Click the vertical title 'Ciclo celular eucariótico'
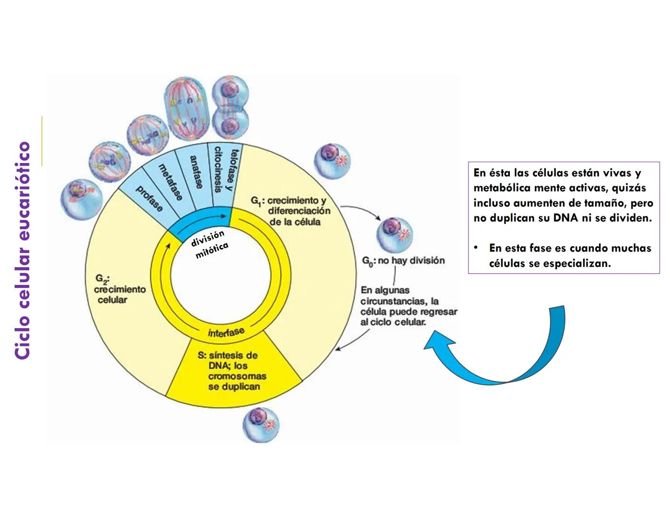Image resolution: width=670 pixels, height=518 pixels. pyautogui.click(x=23, y=249)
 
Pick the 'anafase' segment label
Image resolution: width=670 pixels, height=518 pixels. pyautogui.click(x=196, y=172)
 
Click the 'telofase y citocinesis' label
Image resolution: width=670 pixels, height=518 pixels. pyautogui.click(x=225, y=169)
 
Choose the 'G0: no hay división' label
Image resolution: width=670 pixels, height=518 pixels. pyautogui.click(x=403, y=261)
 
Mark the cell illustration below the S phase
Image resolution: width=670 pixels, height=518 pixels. pyautogui.click(x=260, y=424)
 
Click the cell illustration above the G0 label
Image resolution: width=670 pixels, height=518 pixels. pyautogui.click(x=394, y=234)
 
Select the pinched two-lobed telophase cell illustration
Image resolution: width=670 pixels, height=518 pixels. pyautogui.click(x=231, y=107)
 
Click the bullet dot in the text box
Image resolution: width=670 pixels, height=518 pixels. pyautogui.click(x=476, y=247)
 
